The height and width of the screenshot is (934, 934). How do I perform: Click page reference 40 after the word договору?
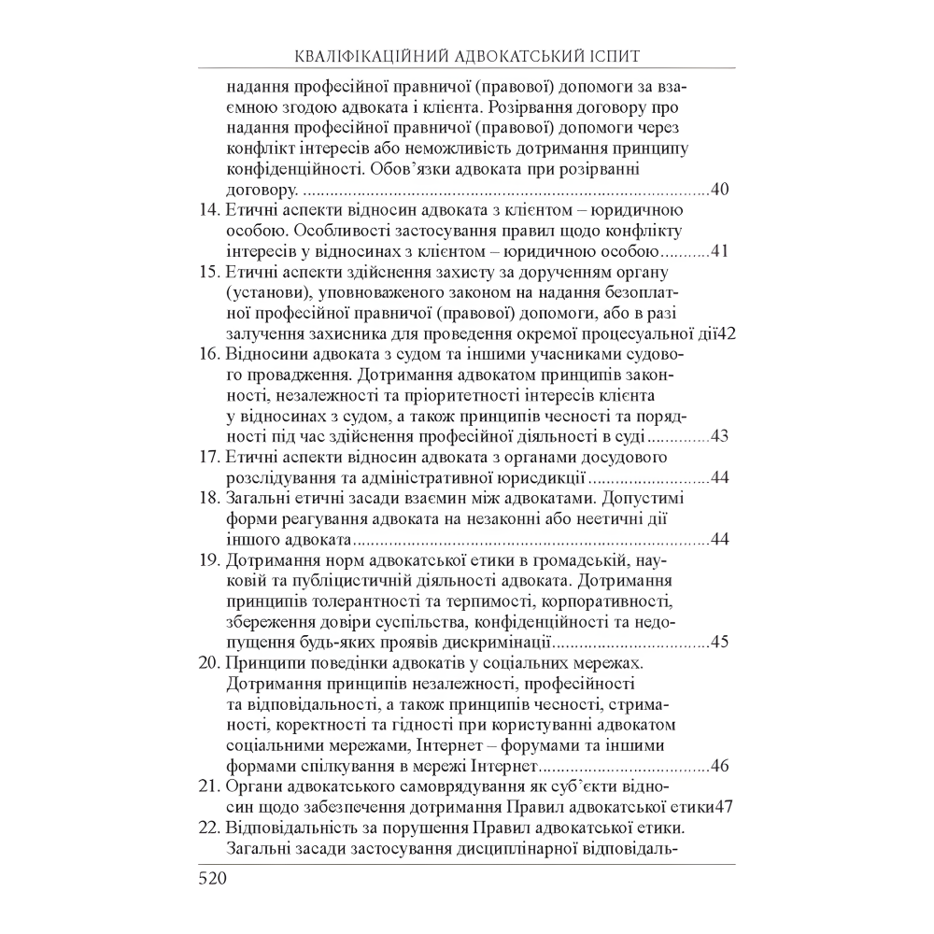coord(720,190)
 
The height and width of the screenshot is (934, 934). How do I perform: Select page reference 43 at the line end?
coord(720,436)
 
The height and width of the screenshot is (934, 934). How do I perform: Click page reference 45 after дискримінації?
coord(720,642)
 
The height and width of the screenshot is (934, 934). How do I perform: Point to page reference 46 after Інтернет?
coord(720,765)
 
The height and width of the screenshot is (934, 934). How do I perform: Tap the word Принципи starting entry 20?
coord(263,662)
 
